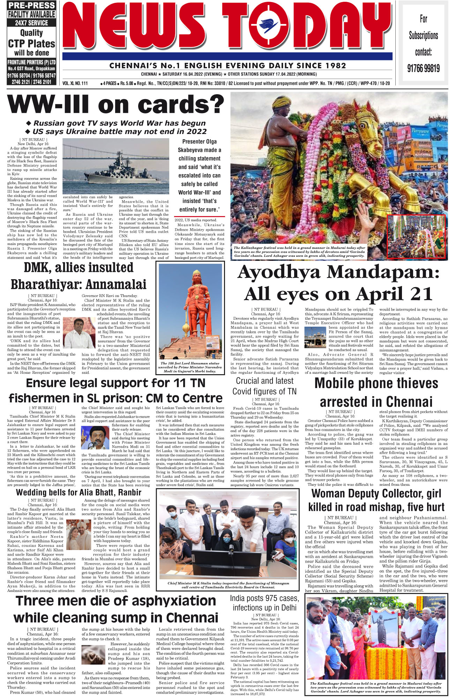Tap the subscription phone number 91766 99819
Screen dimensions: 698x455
423,68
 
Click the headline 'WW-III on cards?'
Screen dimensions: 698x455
115,104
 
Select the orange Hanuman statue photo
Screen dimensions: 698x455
191,311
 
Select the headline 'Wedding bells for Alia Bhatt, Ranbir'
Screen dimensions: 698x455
79,492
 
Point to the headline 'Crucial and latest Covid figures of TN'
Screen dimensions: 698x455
264,386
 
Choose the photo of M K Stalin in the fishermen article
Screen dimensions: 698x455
95,437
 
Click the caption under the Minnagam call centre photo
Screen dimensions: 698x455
228,585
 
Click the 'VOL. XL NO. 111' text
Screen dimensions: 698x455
75,83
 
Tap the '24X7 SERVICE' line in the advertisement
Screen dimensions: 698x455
31,23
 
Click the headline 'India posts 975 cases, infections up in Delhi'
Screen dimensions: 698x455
264,603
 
